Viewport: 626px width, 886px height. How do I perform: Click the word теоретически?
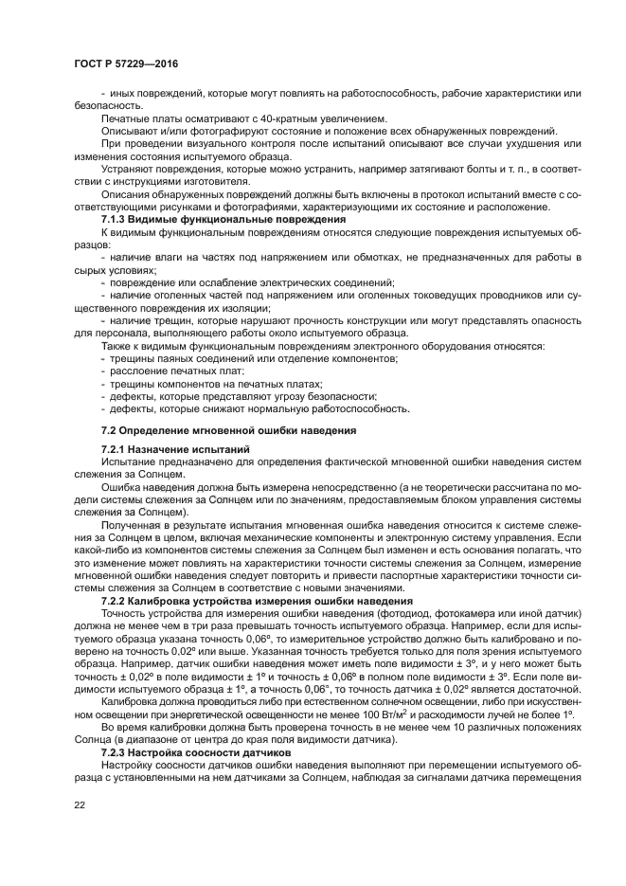tap(410, 486)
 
